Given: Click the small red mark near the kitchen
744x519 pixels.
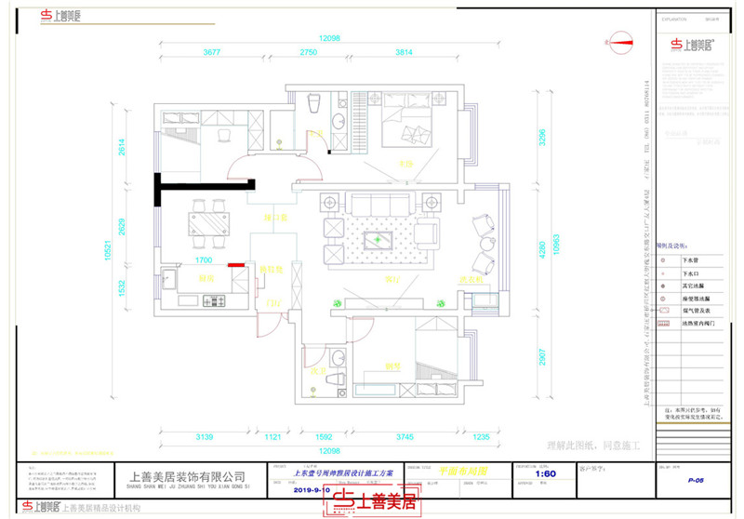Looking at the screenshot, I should point(238,265).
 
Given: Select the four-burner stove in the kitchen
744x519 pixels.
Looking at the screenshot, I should point(216,300).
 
